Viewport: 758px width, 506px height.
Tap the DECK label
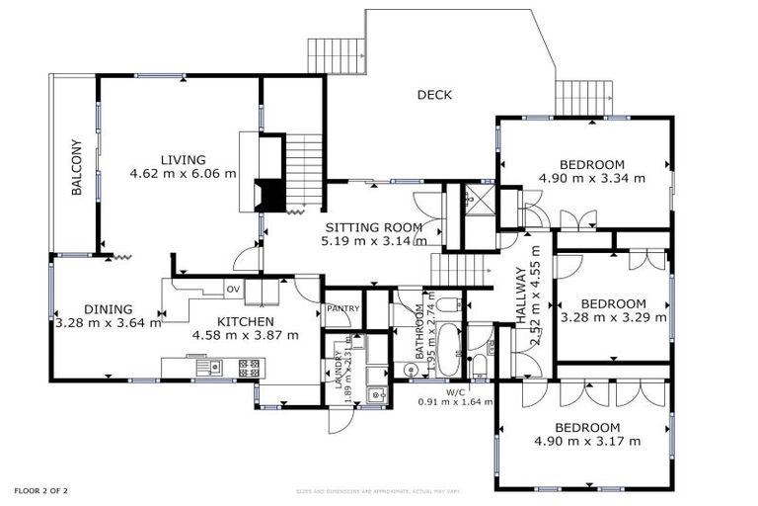coord(433,95)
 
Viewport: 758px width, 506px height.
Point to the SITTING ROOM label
coord(374,226)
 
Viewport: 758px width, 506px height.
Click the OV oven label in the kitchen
coord(233,289)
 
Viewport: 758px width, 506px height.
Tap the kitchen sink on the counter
coord(208,367)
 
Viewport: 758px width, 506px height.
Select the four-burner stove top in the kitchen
coord(249,367)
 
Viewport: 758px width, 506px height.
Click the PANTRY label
coord(342,308)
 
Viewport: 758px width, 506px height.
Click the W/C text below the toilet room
coord(455,392)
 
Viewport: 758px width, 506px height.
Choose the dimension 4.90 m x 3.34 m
coord(591,179)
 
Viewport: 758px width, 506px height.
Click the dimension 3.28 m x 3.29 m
coord(612,318)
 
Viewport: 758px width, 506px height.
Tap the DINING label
coord(101,308)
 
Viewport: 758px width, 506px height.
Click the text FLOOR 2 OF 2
coord(40,490)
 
